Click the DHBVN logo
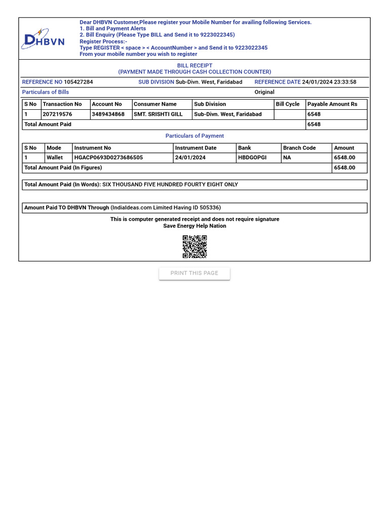[x=43, y=39]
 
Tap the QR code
[x=194, y=247]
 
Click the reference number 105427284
[x=79, y=82]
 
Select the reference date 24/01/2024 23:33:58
[x=329, y=82]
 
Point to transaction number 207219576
[x=57, y=114]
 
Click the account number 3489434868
[x=108, y=114]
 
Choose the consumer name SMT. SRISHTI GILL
[x=158, y=114]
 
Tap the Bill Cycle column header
[x=288, y=104]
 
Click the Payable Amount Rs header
[x=332, y=104]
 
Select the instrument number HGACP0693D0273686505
[x=108, y=158]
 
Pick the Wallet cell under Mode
[x=55, y=158]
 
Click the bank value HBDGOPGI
[x=252, y=158]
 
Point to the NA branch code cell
[x=287, y=158]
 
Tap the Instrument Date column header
[x=196, y=148]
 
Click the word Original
[x=264, y=92]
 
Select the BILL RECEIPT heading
[x=194, y=66]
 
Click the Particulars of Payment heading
[x=194, y=136]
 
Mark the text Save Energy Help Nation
[x=194, y=226]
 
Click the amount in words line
[x=131, y=185]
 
